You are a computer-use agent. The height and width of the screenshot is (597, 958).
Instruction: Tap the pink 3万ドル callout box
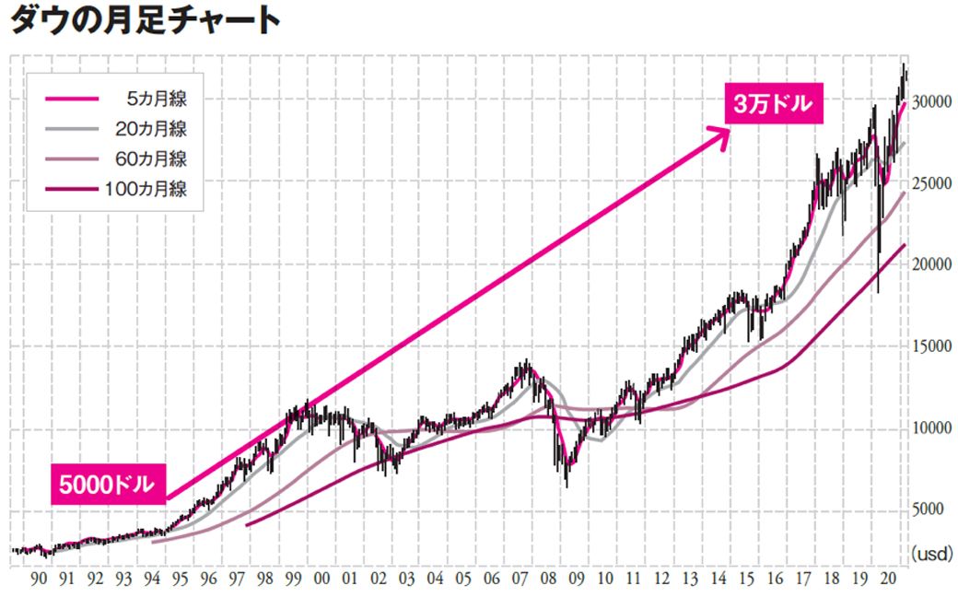[x=772, y=104]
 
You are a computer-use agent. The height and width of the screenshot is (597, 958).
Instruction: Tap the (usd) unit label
[x=932, y=554]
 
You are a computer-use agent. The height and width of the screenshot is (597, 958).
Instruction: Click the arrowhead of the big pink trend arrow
[x=724, y=131]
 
